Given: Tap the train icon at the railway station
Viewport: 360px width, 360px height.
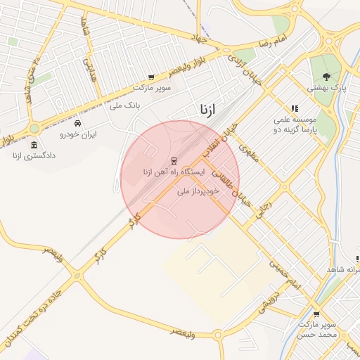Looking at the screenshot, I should click(x=174, y=160).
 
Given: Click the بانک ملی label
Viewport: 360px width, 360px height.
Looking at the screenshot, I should click(x=126, y=105).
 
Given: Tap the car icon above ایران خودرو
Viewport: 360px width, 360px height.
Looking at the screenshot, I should click(x=87, y=123).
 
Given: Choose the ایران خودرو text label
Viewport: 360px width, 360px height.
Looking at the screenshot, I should click(x=78, y=134).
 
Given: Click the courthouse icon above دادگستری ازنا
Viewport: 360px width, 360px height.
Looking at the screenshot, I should click(x=34, y=145).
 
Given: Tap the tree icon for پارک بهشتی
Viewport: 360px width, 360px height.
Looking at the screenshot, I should click(x=326, y=77).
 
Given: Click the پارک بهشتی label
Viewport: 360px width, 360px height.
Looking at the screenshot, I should click(x=326, y=88).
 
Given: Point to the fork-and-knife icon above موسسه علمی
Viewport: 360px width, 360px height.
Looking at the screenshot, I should click(x=295, y=108).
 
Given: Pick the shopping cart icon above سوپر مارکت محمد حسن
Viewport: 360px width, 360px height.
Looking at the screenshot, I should click(x=316, y=314).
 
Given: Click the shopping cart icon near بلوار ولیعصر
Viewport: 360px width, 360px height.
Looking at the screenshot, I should click(x=150, y=77).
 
